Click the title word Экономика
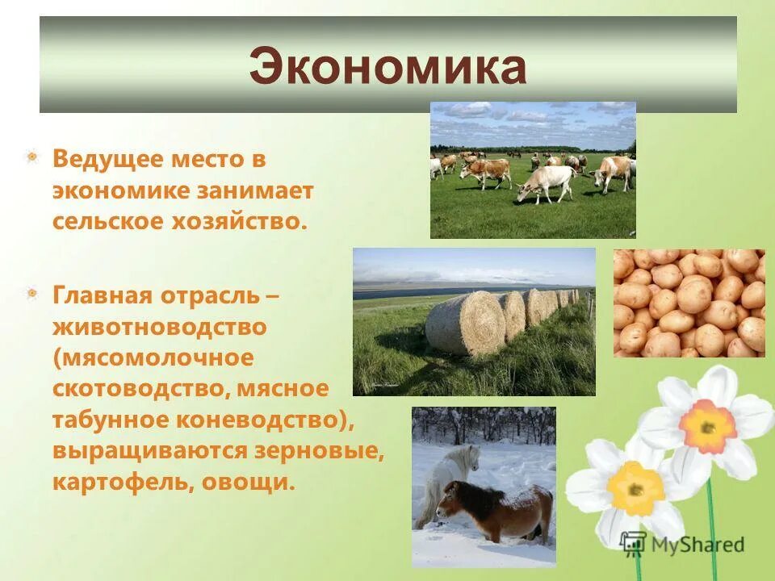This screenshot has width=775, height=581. [387, 67]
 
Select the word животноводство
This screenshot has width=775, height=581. [159, 327]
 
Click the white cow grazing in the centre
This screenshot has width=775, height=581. [547, 182]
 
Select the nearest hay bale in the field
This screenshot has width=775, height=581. [465, 323]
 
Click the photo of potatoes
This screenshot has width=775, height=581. [689, 303]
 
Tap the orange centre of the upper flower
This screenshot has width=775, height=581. [707, 426]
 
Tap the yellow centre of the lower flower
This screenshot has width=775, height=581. [635, 487]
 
